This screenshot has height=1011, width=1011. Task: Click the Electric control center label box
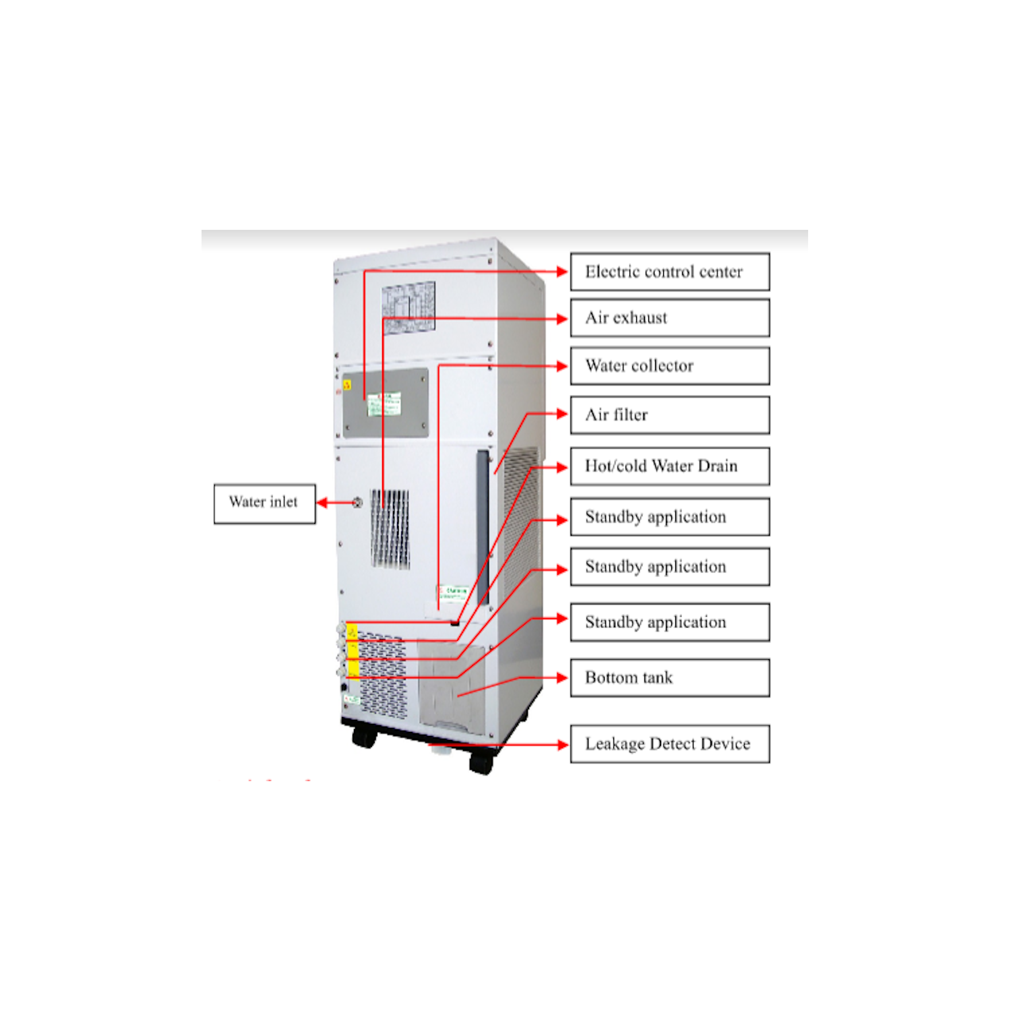(x=669, y=272)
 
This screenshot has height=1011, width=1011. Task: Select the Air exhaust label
(x=669, y=318)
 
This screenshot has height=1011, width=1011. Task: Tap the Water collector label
(x=669, y=366)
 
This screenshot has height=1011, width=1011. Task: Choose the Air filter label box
(x=669, y=415)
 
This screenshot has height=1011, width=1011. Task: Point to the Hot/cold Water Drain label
(x=669, y=466)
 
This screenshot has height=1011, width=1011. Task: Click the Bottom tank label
(x=669, y=678)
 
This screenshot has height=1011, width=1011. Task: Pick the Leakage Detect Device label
(x=669, y=744)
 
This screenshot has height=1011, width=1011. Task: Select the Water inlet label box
(x=264, y=503)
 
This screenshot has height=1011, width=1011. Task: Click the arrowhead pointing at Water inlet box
(x=322, y=503)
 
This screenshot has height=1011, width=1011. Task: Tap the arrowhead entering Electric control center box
(x=563, y=272)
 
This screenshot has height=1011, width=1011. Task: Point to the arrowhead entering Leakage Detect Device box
(x=563, y=745)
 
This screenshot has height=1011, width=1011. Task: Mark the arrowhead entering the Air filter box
(x=563, y=414)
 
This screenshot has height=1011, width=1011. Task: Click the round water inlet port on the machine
(x=357, y=503)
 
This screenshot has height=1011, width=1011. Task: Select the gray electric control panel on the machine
(x=386, y=403)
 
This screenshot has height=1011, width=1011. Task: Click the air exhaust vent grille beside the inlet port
(x=390, y=528)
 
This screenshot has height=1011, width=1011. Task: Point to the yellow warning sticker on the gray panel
(x=347, y=385)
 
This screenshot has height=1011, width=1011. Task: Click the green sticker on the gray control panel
(x=384, y=404)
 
